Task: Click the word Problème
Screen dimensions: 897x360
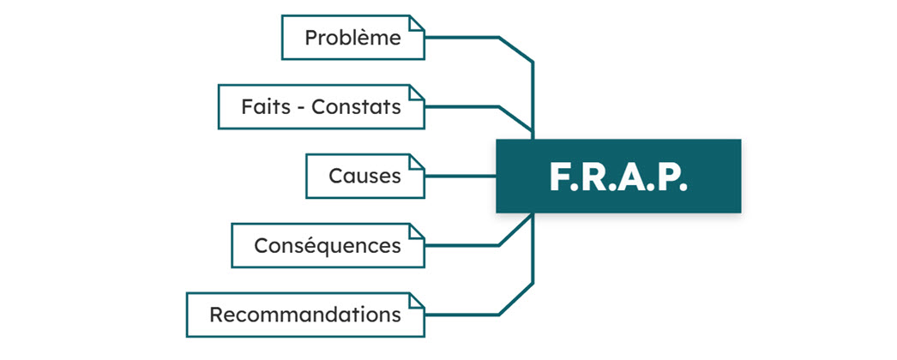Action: (352, 38)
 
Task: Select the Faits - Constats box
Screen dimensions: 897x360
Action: (322, 107)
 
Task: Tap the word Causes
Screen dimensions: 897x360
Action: (365, 176)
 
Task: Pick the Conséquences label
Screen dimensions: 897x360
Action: (328, 246)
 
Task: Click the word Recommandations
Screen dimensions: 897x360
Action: (305, 315)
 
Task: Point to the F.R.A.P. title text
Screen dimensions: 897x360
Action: (617, 177)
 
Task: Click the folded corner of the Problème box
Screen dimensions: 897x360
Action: (417, 22)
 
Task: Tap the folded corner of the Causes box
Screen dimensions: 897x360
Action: (417, 161)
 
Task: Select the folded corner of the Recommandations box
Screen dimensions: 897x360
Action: (417, 300)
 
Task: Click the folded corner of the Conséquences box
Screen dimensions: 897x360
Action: (417, 231)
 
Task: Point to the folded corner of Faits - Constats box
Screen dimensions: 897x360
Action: (417, 92)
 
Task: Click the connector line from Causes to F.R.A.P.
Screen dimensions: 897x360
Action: (461, 176)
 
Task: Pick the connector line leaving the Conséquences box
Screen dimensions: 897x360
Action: (498, 246)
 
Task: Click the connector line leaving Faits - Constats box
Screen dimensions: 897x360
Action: (498, 107)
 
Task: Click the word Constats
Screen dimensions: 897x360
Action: (356, 107)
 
